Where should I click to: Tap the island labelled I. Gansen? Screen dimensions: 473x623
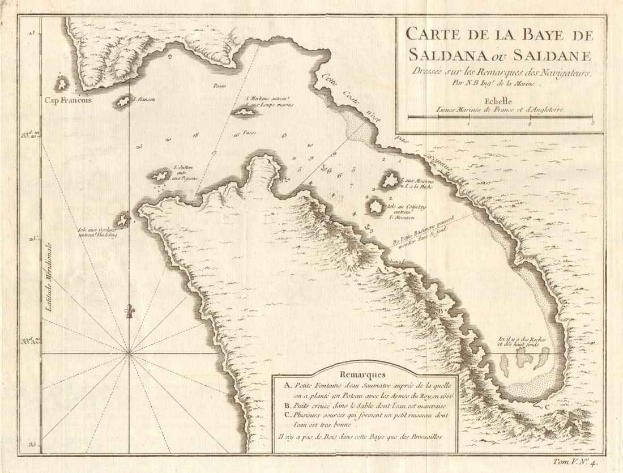pos(123,103)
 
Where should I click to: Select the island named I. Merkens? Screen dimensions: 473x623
pos(245,112)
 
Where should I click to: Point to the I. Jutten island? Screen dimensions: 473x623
pos(160,176)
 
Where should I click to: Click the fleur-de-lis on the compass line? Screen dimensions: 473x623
pos(130,312)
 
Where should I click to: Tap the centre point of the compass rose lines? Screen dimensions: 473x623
pos(130,353)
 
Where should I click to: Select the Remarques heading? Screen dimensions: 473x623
pos(362,374)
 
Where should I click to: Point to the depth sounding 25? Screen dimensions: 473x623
pos(139,146)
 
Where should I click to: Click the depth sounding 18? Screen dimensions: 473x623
pos(195,135)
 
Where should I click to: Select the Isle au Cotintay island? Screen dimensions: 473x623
pos(375,206)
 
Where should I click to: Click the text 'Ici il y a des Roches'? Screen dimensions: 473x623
pos(521,338)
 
